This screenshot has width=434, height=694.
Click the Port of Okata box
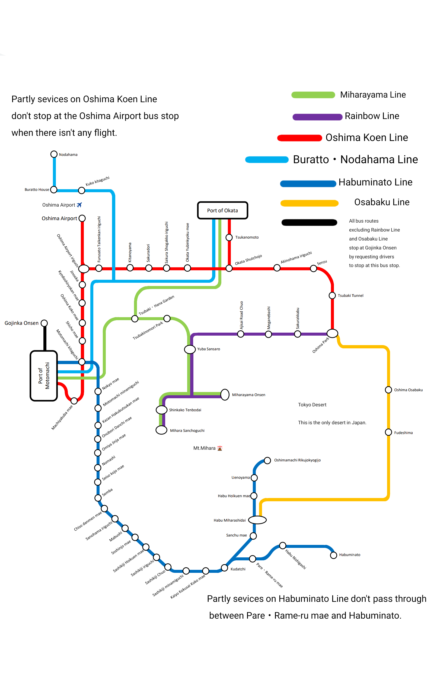222,210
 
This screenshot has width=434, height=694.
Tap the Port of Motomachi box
44,376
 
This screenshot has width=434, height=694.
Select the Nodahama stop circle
54,154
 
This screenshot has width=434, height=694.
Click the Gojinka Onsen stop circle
44,323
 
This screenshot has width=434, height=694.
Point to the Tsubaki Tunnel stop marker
332,295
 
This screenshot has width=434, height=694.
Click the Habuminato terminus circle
334,555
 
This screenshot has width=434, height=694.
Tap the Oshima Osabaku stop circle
388,390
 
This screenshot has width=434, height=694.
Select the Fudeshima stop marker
388,432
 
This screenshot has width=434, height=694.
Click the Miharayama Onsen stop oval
225,394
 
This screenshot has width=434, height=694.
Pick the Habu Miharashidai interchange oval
257,520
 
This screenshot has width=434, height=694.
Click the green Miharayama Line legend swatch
313,95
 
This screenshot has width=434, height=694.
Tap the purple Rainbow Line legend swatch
317,117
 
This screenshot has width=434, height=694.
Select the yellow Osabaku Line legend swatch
309,203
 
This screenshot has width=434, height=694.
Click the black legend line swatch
309,222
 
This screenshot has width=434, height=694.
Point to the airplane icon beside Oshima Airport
79,205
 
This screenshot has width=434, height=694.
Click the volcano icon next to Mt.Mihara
220,448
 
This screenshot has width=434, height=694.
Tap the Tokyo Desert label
312,405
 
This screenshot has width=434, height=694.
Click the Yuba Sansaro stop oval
190,349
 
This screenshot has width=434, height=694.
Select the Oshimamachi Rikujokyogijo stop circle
267,460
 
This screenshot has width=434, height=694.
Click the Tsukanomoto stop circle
229,237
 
